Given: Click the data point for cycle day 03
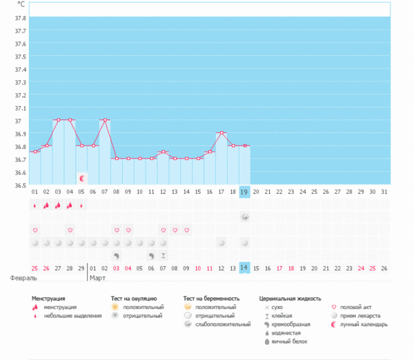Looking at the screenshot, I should [x=58, y=120].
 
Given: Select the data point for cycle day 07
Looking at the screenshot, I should [x=105, y=120].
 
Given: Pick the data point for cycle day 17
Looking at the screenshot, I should [x=221, y=132].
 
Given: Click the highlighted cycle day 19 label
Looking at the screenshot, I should [x=244, y=192].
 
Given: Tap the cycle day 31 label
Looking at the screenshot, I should [x=384, y=192].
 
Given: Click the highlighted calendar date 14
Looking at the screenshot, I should [x=244, y=268].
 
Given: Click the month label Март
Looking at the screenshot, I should [x=97, y=279].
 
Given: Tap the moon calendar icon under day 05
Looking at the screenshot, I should [x=81, y=178].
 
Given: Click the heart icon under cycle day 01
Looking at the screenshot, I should [x=35, y=230].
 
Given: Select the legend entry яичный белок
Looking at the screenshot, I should [x=290, y=341].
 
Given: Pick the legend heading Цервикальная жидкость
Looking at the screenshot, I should [x=290, y=299].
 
